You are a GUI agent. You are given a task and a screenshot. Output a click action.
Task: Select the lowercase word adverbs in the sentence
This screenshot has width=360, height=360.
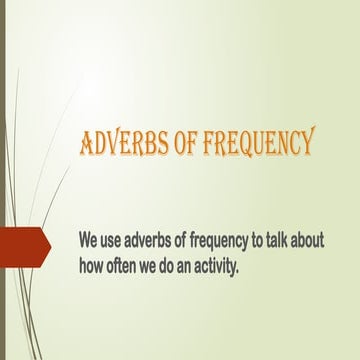(154, 241)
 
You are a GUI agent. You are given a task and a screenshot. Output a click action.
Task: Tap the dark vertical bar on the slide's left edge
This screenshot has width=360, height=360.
(3, 180)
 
